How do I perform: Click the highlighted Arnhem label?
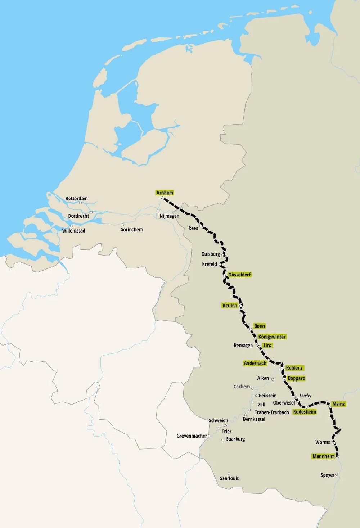coord(165,193)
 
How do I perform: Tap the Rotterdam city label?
coord(76,199)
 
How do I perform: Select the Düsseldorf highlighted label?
coord(239,275)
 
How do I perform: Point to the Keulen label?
coord(230,306)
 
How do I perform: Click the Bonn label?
coord(259,326)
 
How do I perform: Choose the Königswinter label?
coord(272,337)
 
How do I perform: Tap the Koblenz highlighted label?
coord(294,368)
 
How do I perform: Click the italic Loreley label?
coord(305,396)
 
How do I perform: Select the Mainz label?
coord(338,404)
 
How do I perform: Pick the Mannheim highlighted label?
coord(323,456)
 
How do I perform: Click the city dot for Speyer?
coord(337,475)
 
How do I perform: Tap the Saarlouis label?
coord(229,478)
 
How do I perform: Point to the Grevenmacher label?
coord(192,436)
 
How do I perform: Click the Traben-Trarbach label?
coord(271,412)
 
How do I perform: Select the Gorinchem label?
coord(131,230)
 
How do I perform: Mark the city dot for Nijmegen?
coord(158,211)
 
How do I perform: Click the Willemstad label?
coord(73,231)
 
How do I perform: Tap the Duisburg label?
coord(210,254)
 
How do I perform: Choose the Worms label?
coord(322,442)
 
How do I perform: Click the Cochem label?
coord(242,387)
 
